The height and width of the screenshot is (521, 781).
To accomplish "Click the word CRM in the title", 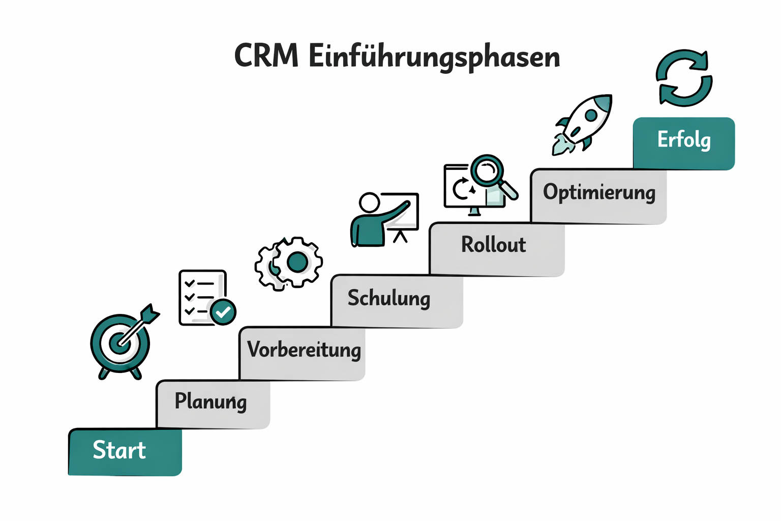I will (266, 55).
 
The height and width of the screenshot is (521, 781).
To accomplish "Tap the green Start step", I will (120, 451).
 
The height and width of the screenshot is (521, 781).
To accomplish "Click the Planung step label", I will (211, 401).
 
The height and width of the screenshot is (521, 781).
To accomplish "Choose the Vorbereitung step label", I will (304, 350).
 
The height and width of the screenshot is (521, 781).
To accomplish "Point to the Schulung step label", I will (388, 298).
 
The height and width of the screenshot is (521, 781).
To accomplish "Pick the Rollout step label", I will (493, 245).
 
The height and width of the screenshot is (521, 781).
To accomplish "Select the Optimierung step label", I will (599, 192).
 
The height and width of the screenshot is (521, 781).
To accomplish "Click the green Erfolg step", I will (684, 140).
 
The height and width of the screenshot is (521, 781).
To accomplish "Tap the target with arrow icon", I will (121, 343).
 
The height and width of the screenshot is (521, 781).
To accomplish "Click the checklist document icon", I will (201, 298).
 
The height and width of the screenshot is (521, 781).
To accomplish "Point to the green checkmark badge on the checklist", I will (223, 312).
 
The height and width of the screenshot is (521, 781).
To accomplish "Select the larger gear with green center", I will (297, 263).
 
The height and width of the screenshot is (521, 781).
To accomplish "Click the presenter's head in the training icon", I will (370, 202).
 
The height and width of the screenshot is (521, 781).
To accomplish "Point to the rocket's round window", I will (591, 115).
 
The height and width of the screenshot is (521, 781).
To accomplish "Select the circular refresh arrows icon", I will (683, 78).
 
